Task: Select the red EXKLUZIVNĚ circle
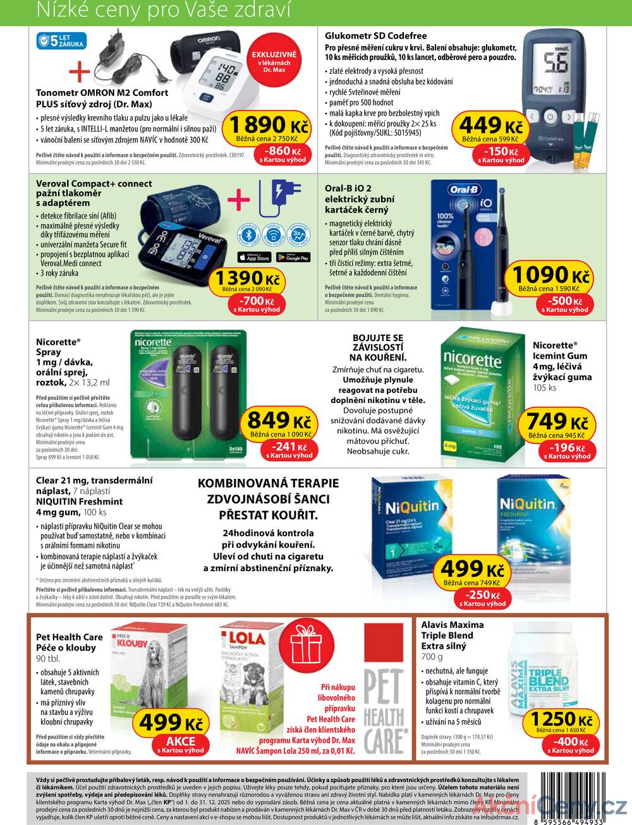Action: (x=274, y=62)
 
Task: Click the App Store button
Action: (x=253, y=257)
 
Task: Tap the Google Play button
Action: (x=293, y=257)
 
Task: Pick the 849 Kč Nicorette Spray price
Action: (x=279, y=421)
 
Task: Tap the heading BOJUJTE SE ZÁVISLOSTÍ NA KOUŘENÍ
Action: (x=377, y=347)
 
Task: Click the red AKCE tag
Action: (x=181, y=744)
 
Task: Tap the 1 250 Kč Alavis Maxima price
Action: (x=562, y=720)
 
